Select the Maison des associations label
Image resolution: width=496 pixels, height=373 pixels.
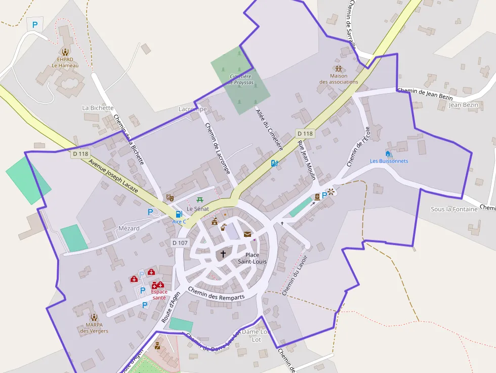point(339,79)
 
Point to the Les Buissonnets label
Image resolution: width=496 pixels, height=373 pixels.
point(389,161)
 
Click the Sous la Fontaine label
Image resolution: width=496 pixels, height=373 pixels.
point(454,209)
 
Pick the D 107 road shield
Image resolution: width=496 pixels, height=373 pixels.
point(180,243)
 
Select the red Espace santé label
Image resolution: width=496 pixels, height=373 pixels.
point(159,295)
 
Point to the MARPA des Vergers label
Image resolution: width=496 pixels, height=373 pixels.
point(94,328)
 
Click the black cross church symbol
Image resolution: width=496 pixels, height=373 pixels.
point(223,254)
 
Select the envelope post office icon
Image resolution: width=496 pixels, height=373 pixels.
point(247,234)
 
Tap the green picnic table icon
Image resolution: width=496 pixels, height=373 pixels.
point(200,200)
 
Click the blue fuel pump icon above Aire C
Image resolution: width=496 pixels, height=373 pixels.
point(179,214)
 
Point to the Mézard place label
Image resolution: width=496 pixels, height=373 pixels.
point(129,228)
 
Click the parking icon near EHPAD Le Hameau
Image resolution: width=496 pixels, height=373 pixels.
point(35,24)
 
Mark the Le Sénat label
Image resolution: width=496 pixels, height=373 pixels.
point(198,209)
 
